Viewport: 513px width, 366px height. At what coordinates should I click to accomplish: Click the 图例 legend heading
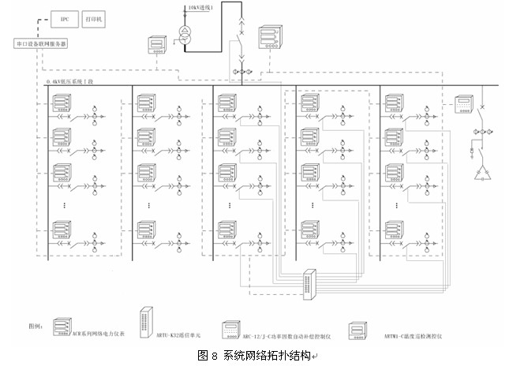point(36,325)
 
